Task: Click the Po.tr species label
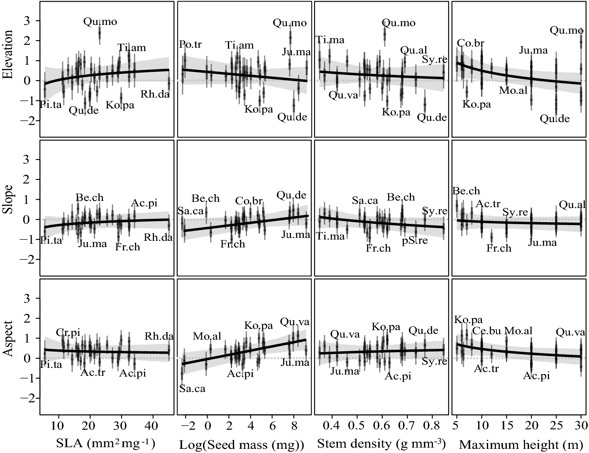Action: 190,44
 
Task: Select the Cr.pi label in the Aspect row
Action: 68,332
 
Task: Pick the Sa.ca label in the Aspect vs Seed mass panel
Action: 192,389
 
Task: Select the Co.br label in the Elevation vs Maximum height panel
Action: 471,43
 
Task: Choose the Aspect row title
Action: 8,338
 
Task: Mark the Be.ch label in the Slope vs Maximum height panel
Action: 466,191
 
